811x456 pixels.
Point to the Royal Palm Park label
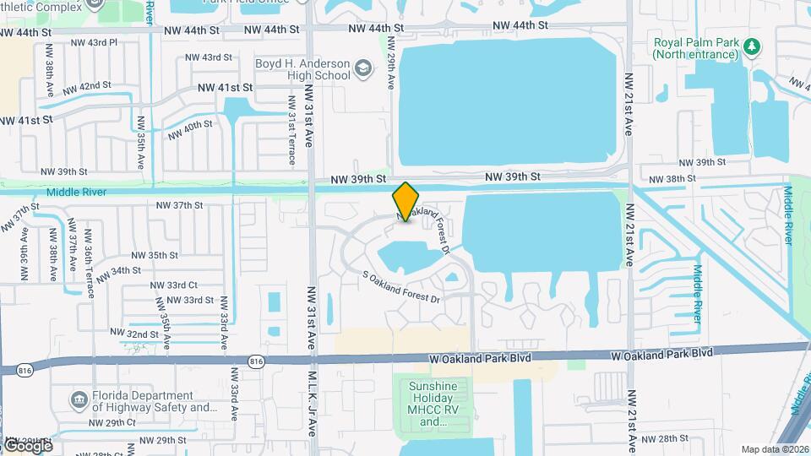695,48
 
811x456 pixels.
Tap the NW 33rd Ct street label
174,285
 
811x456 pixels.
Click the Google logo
27,445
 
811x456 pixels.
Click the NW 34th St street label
118,272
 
